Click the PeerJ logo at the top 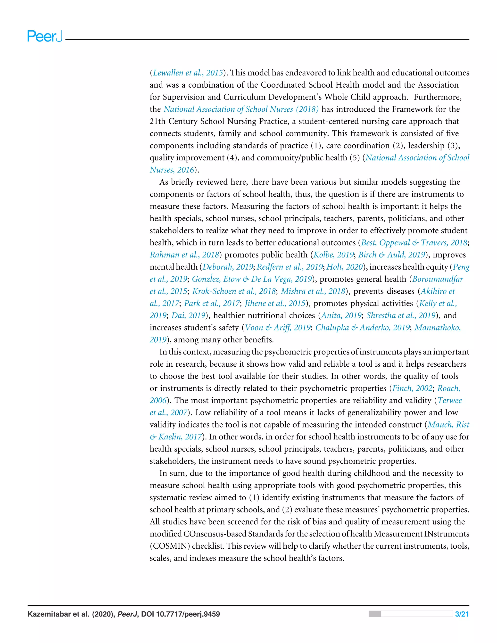(45, 36)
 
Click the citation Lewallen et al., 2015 (188, 73)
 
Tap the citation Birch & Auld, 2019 (392, 255)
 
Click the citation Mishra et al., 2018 (313, 291)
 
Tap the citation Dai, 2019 (188, 315)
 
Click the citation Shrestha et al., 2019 (401, 315)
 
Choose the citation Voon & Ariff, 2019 (278, 327)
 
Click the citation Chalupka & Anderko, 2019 (362, 327)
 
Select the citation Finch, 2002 (412, 388)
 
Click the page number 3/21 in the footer (462, 614)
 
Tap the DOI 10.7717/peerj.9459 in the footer (180, 614)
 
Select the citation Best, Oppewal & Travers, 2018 (414, 243)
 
